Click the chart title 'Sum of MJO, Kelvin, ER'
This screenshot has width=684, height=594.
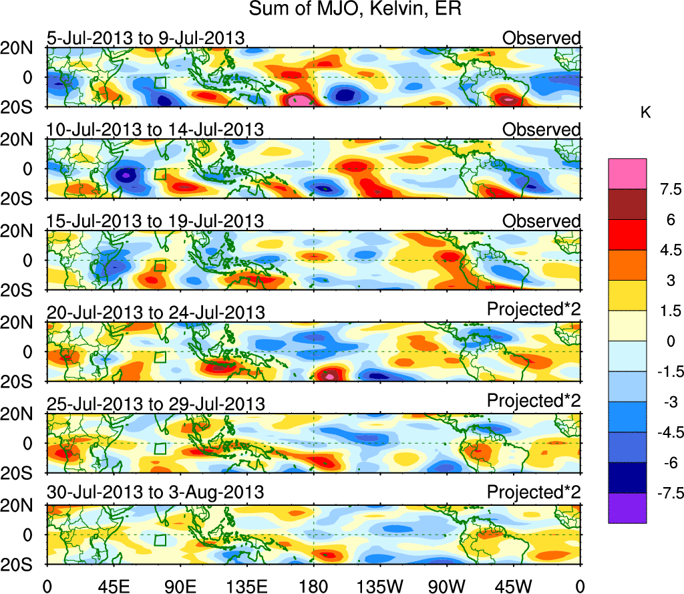pos(355,10)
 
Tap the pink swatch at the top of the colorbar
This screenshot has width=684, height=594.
pos(627,174)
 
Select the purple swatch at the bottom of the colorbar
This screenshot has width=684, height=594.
pos(627,508)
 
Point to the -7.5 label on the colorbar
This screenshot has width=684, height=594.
pos(666,493)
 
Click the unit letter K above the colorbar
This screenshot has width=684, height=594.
pos(645,114)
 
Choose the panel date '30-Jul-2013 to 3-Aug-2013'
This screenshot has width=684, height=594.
pos(155,492)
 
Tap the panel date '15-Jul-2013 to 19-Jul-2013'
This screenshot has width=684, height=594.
pos(155,220)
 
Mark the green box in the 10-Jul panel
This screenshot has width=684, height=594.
pos(160,174)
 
